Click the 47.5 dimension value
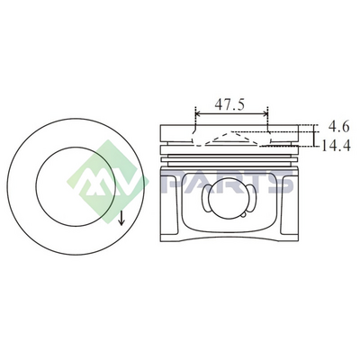229,104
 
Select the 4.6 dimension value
338,127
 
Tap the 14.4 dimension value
336,146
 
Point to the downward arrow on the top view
121,218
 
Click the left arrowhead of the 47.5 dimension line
198,113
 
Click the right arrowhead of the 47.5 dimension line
265,113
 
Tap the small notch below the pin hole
245,214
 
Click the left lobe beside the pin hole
206,198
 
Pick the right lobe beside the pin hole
254,198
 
